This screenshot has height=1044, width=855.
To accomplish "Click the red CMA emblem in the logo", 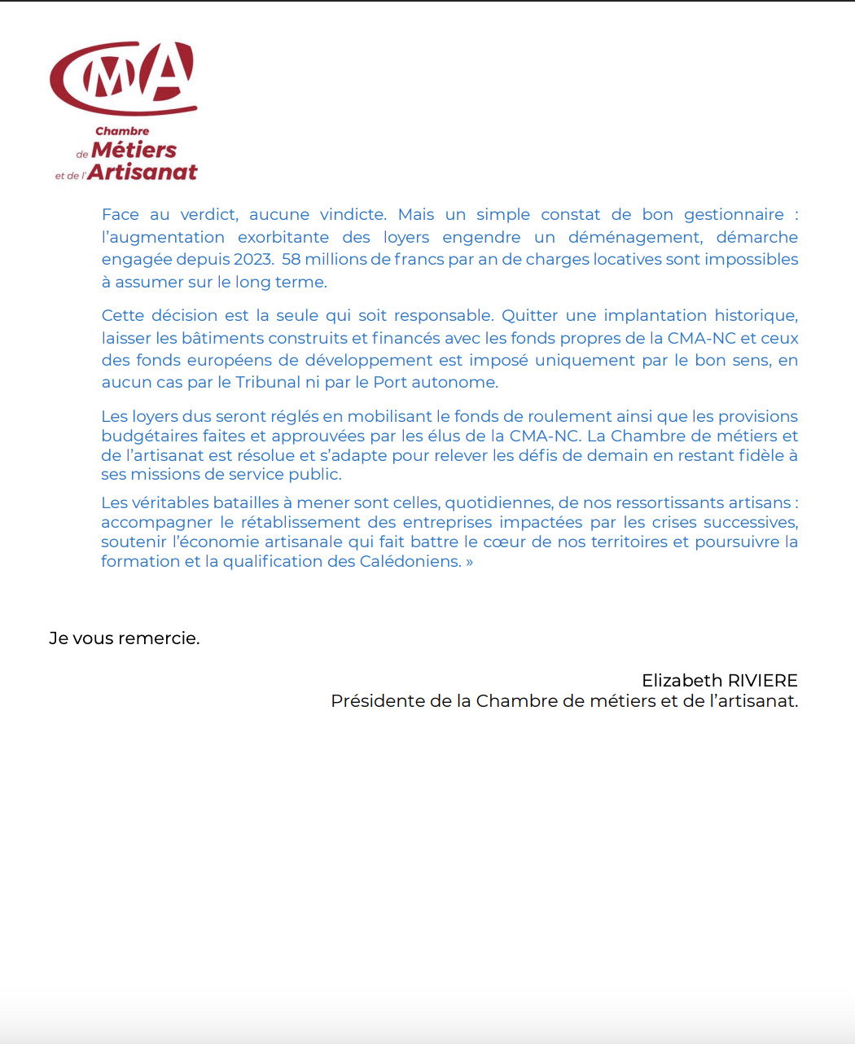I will (124, 78).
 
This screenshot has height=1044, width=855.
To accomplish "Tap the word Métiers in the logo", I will (134, 151).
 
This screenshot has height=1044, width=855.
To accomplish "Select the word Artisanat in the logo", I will (142, 173).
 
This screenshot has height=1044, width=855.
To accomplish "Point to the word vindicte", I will (352, 215).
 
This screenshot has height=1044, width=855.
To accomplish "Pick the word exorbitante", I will (283, 238).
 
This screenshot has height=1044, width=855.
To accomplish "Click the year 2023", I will (252, 260).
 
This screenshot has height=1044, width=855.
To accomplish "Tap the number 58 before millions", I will (291, 260).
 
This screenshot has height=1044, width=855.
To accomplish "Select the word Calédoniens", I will (410, 562).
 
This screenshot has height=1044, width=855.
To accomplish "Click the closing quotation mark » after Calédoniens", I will (469, 562).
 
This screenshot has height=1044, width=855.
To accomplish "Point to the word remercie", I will (159, 638).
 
